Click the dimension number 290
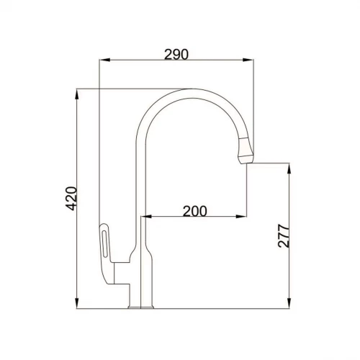(x=176, y=54)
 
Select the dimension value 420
(x=70, y=199)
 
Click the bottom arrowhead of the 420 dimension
(x=78, y=305)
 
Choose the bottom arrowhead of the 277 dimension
(x=289, y=305)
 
